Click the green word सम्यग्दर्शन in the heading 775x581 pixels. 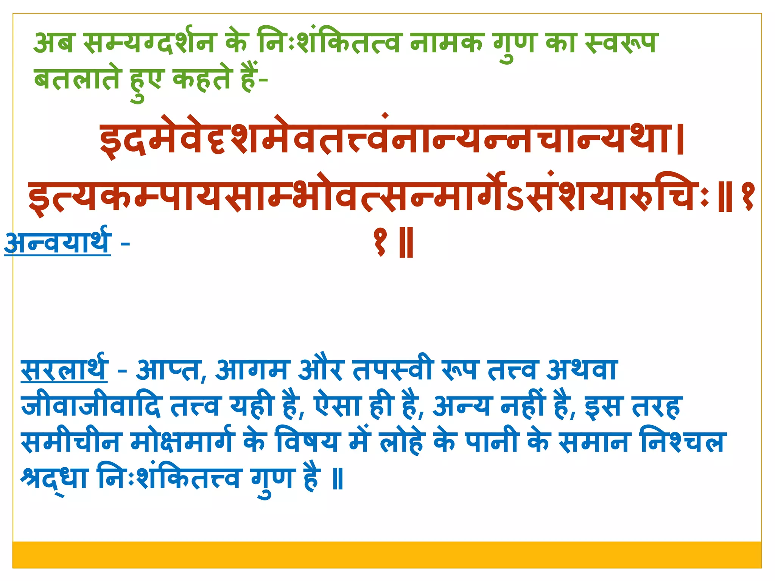pos(148,42)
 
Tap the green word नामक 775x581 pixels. pos(447,42)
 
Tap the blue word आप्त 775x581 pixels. pos(168,370)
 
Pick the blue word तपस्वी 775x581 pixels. pos(392,370)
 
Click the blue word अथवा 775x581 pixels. pos(582,370)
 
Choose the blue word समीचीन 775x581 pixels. pos(70,442)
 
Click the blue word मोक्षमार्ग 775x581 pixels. pos(182,442)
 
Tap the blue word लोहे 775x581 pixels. pos(401,442)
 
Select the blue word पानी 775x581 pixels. pos(491,442)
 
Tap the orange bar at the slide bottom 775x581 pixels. pos(387,554)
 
